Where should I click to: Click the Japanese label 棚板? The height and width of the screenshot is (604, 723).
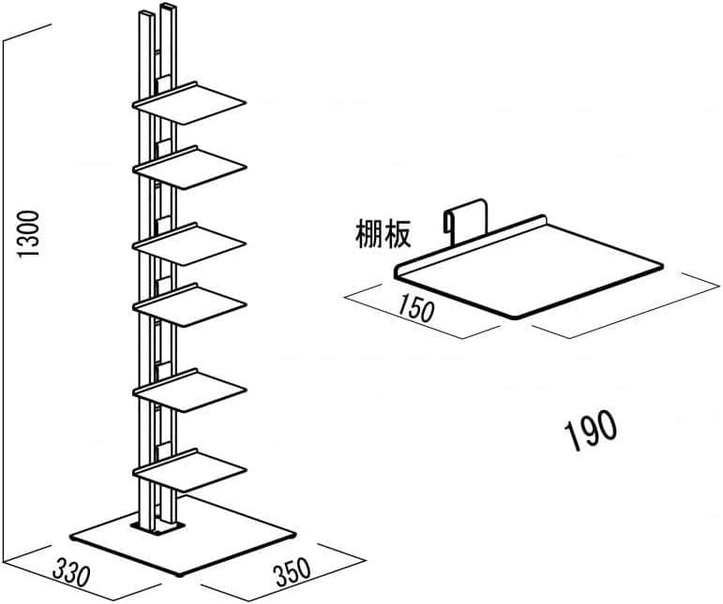pos(384,235)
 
